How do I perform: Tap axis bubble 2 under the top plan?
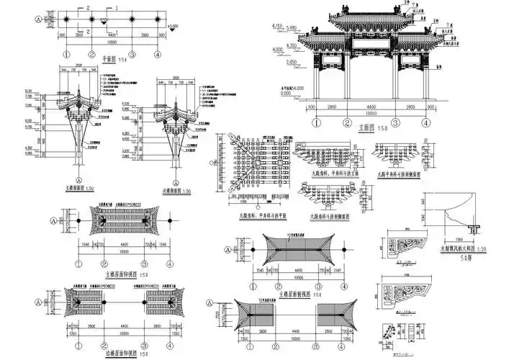click(92, 53)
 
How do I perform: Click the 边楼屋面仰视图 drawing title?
click(107, 352)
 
